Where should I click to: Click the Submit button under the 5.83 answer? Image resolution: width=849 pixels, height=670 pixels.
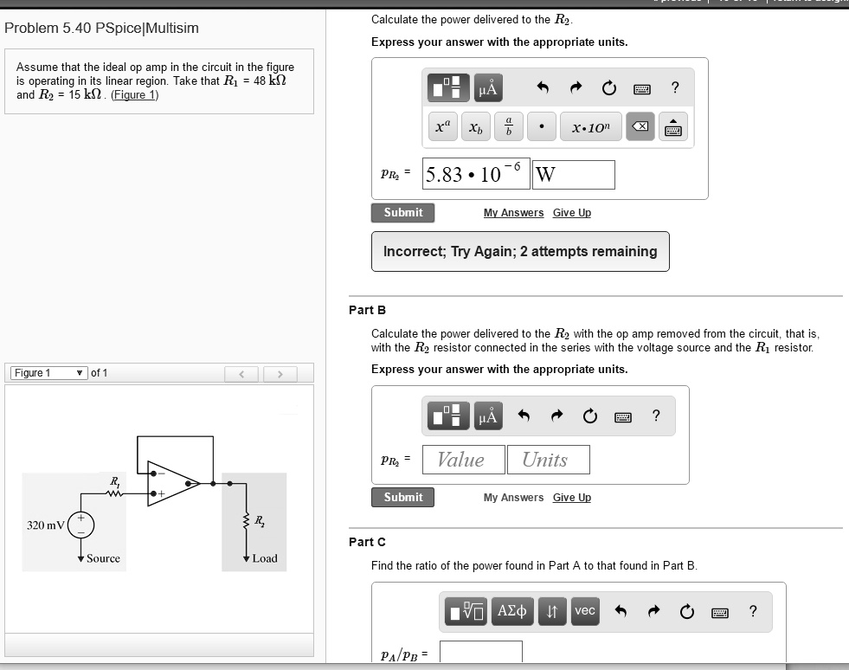[x=403, y=213]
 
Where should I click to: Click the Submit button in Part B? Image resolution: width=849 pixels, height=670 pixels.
[x=403, y=498]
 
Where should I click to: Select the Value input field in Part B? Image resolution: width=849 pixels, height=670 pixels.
[x=463, y=460]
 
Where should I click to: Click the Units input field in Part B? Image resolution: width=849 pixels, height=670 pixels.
[x=548, y=460]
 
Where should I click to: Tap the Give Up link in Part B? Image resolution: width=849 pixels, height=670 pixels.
[x=571, y=498]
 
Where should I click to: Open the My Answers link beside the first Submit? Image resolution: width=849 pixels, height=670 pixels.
[x=513, y=213]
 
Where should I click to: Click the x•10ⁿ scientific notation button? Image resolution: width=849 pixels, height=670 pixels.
[x=590, y=128]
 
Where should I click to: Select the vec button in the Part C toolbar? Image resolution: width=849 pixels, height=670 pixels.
[x=585, y=611]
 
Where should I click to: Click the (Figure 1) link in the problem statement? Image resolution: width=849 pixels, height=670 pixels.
[x=135, y=95]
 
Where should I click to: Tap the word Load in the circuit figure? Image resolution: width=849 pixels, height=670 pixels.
[x=265, y=558]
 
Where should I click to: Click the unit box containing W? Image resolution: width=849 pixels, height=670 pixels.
[x=574, y=175]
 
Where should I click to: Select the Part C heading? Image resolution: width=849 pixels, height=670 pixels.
[x=367, y=542]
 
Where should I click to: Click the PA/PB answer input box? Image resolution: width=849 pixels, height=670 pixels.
[x=480, y=653]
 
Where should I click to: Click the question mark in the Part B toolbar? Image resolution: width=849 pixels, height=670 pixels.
[x=656, y=416]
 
